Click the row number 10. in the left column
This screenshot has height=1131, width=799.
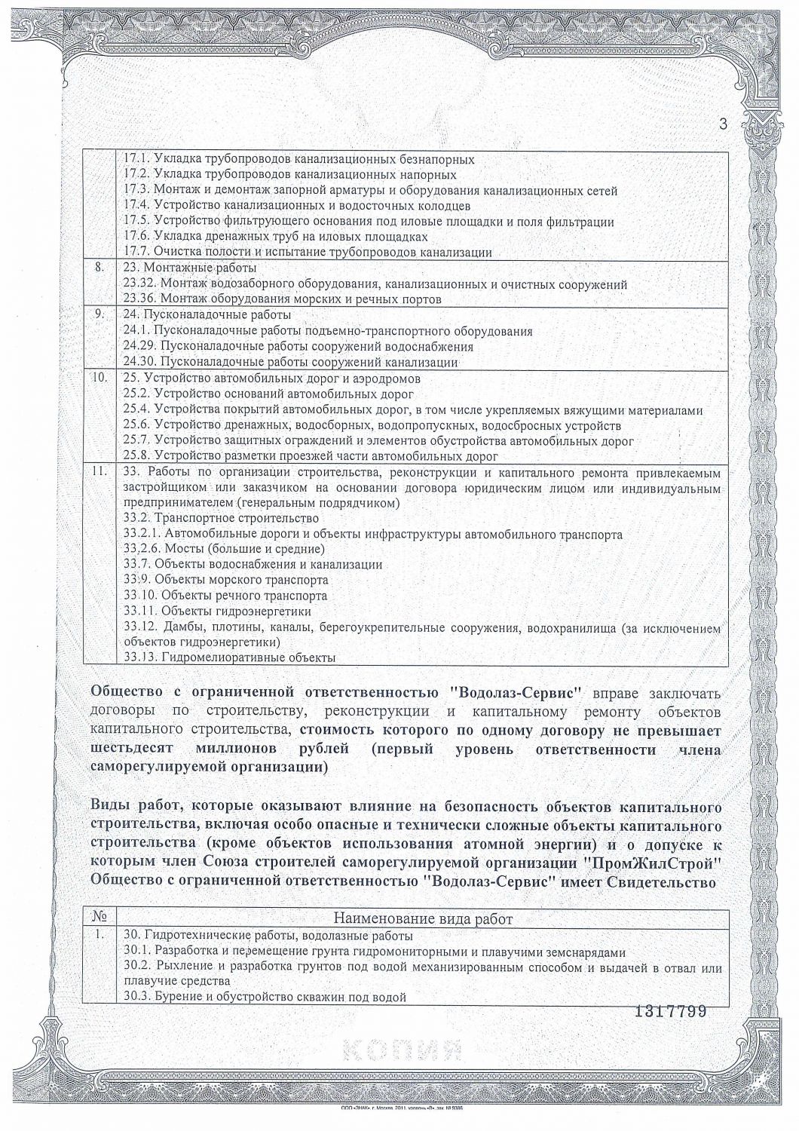tap(98, 379)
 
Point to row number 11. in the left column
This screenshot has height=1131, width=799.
tap(98, 472)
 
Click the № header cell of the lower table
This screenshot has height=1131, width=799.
tap(99, 918)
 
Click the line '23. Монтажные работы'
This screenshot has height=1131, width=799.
tap(189, 268)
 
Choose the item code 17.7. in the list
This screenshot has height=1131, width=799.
tap(136, 253)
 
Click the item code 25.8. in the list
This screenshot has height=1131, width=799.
tap(136, 456)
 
